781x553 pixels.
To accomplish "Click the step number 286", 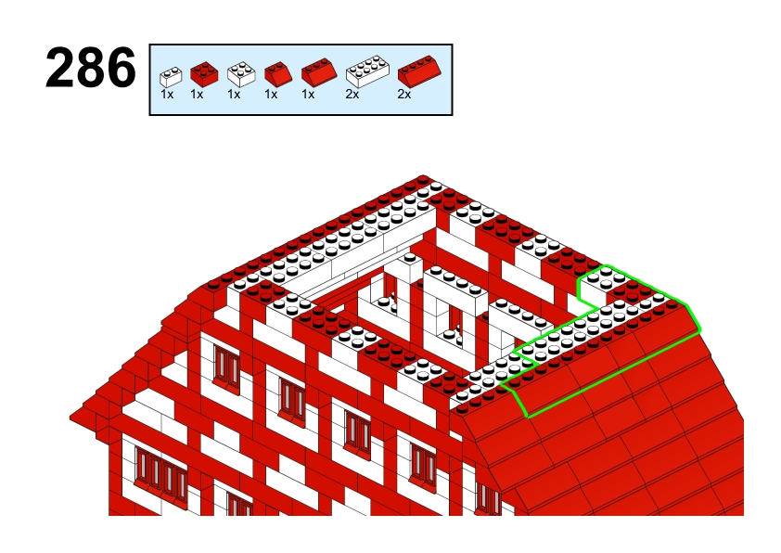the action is [x=90, y=67].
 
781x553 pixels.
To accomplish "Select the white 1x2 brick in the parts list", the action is [x=171, y=77].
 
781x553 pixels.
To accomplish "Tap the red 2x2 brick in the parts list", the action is [x=204, y=75].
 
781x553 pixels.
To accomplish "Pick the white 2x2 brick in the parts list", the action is [x=241, y=74].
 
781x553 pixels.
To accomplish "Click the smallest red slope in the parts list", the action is [x=278, y=74].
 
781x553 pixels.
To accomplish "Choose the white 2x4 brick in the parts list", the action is [x=367, y=71].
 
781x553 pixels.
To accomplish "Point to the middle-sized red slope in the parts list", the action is [x=319, y=72].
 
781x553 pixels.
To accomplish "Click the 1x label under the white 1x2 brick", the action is [x=167, y=94].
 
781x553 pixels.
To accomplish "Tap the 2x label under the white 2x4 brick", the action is [x=352, y=94].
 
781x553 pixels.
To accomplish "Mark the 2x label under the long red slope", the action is [x=403, y=94].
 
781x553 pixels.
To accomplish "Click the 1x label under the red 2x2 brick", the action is [x=197, y=94].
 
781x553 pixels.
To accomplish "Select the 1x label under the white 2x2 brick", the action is [x=234, y=94].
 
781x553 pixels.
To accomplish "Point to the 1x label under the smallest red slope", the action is [x=271, y=94].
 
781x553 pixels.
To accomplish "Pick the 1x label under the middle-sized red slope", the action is [x=308, y=94].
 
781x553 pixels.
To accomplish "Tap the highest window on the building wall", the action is [x=226, y=368].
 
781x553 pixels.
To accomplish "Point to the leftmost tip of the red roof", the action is [x=70, y=417].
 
